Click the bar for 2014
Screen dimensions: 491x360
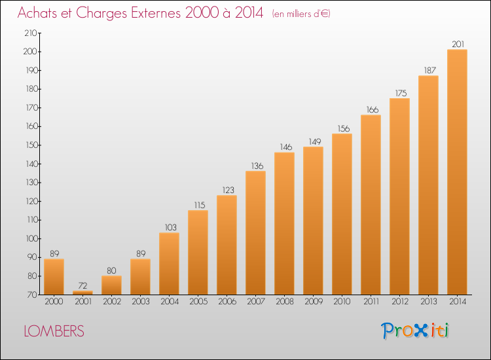(x=457, y=172)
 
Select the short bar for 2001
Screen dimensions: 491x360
(x=82, y=293)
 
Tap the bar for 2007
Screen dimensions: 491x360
(x=255, y=232)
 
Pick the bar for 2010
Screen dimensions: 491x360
(x=342, y=214)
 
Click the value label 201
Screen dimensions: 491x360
(x=458, y=44)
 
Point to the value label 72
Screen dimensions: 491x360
(x=82, y=285)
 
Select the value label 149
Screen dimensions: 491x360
(x=315, y=142)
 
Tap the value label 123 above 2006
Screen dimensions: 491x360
(x=228, y=190)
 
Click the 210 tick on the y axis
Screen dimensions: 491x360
(x=31, y=33)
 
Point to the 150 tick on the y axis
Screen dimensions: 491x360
(x=31, y=145)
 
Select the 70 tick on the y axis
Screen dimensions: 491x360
(x=33, y=295)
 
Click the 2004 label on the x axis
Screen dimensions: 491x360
(x=170, y=302)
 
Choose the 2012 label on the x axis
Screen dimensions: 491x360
(x=400, y=302)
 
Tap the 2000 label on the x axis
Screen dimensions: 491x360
(x=54, y=302)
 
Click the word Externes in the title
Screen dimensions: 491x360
(x=156, y=13)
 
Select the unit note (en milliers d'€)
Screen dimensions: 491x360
(x=301, y=14)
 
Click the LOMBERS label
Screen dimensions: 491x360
(x=54, y=331)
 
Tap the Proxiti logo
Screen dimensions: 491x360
(x=415, y=331)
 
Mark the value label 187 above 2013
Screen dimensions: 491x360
(x=429, y=71)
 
